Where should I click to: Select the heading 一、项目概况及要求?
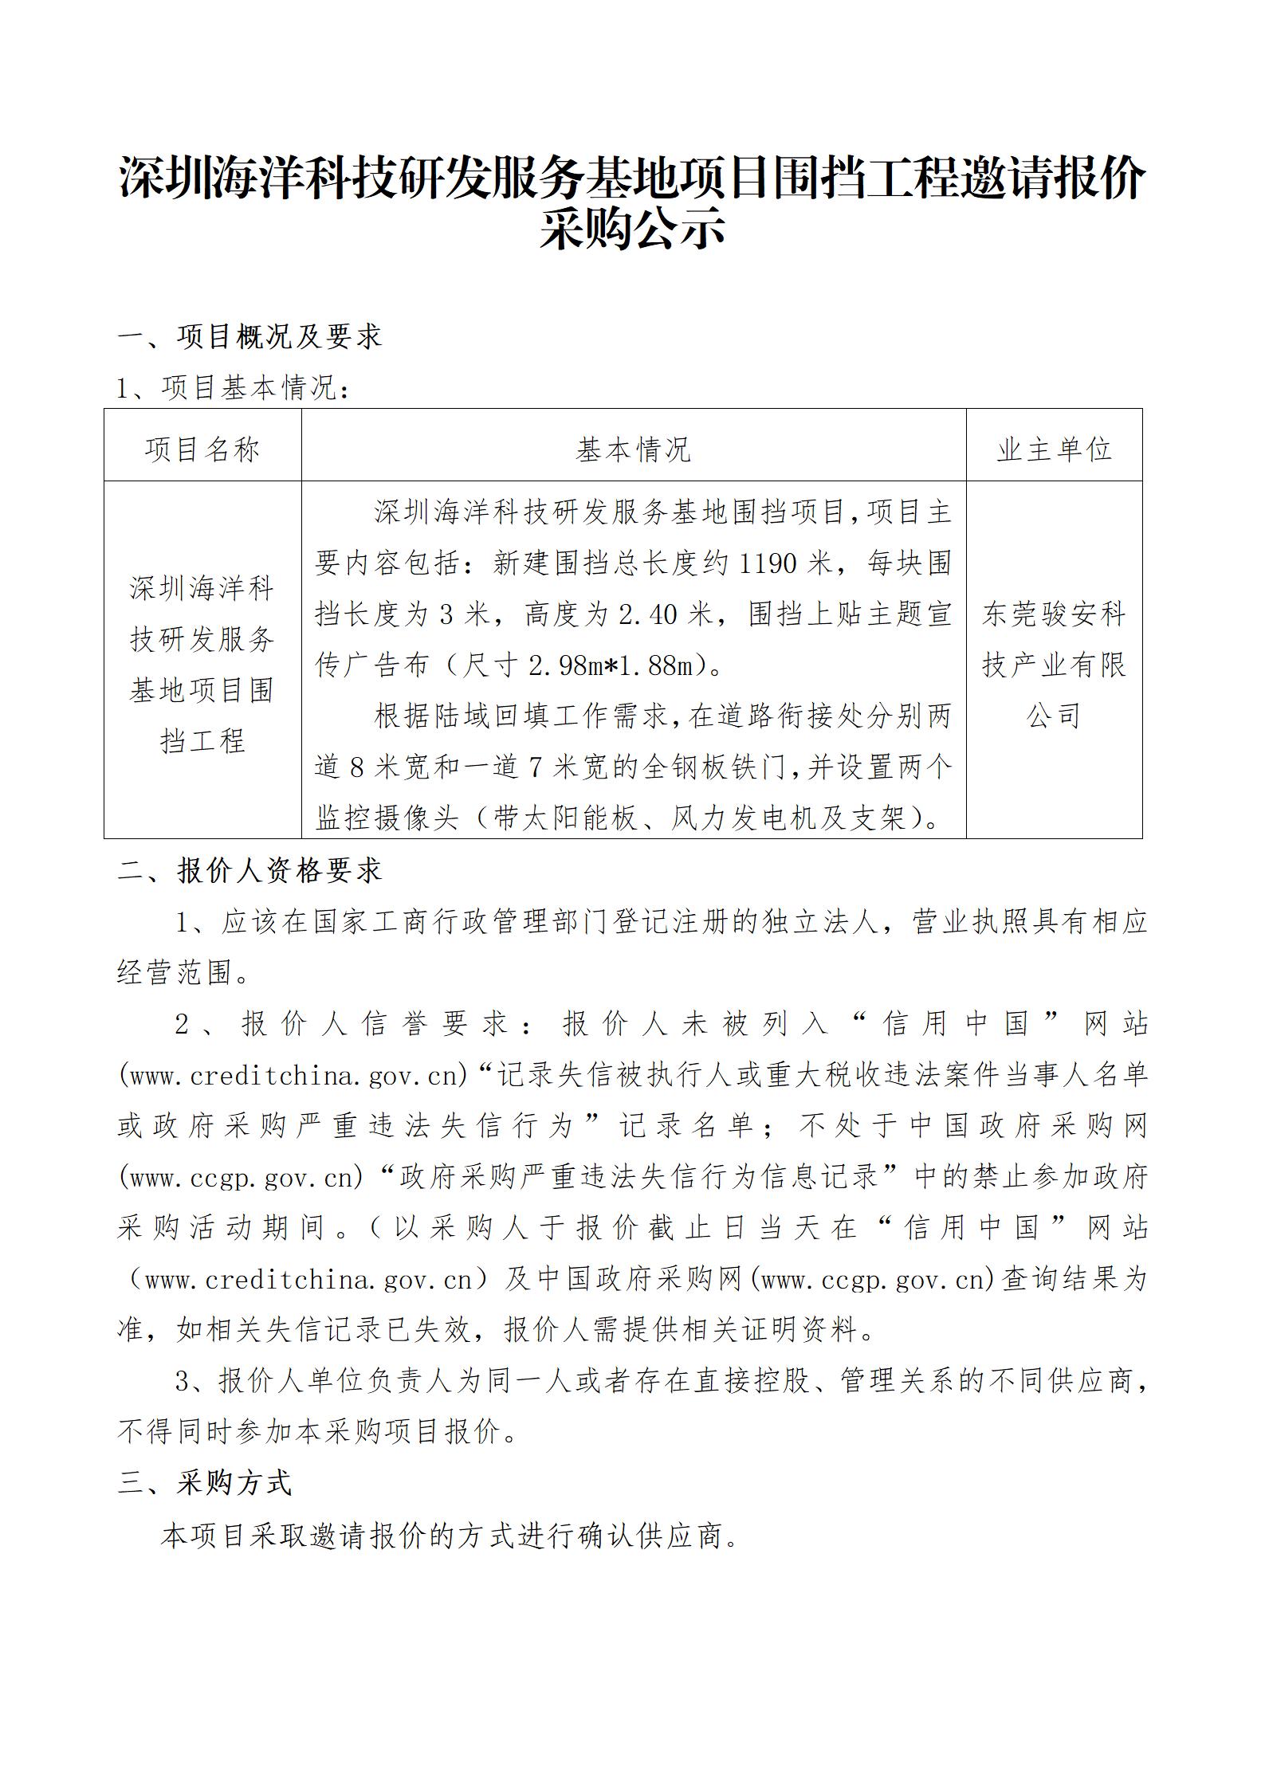pyautogui.click(x=249, y=336)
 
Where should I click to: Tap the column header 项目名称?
pyautogui.click(x=202, y=450)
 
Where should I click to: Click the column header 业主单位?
pyautogui.click(x=1054, y=450)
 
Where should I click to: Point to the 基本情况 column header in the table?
pyautogui.click(x=634, y=450)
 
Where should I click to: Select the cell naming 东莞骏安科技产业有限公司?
pyautogui.click(x=1054, y=665)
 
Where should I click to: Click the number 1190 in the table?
pyautogui.click(x=768, y=563)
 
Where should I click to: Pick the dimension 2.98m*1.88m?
pyautogui.click(x=611, y=665)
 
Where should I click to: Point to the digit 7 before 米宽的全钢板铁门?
pyautogui.click(x=536, y=767)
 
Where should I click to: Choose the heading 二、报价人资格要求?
pyautogui.click(x=249, y=871)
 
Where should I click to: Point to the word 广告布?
pyautogui.click(x=387, y=665)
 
